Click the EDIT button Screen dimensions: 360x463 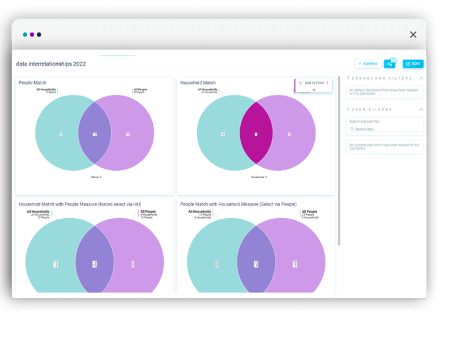[x=413, y=64]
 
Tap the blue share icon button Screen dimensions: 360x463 [x=389, y=64]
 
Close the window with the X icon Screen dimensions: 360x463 [x=413, y=35]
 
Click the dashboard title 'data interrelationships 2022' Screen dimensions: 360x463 [x=51, y=64]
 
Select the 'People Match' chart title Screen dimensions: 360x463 [x=32, y=83]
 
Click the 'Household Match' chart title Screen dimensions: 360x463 [x=198, y=83]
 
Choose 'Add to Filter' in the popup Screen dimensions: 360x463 [x=314, y=83]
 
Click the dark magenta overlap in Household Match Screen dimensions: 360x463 [x=256, y=134]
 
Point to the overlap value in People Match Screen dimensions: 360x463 [x=95, y=134]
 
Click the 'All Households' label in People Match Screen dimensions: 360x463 [x=46, y=90]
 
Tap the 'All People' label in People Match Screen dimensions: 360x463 [x=140, y=90]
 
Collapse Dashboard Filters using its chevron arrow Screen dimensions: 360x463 [x=421, y=78]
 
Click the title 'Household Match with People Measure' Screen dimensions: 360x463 [x=80, y=204]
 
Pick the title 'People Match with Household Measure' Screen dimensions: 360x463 [x=238, y=204]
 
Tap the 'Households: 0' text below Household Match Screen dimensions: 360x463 [x=259, y=177]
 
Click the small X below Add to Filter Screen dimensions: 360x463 [x=314, y=90]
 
